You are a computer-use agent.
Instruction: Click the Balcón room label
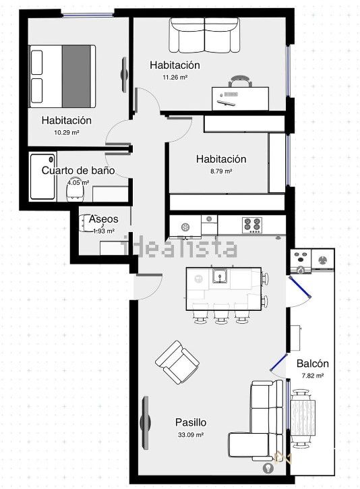pos(313,364)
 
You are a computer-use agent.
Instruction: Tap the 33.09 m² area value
pos(191,434)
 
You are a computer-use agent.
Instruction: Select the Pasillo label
pos(191,422)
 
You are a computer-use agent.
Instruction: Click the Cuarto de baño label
pos(78,170)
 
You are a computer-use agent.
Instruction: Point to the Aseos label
pos(104,219)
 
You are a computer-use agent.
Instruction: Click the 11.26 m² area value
pos(175,77)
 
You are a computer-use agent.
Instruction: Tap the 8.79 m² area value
pos(221,171)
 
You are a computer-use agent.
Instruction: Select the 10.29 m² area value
pos(66,132)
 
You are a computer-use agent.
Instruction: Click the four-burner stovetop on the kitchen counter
pos(252,225)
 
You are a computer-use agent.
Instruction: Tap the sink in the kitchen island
pos(220,276)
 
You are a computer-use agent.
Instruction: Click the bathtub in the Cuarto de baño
pos(43,177)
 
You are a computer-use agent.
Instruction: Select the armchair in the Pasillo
pos(177,362)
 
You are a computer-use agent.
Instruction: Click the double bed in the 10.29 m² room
pos(62,76)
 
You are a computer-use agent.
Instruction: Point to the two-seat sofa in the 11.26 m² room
pos(205,35)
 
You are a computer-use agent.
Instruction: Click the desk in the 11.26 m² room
pos(240,98)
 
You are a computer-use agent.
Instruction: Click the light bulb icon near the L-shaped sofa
pos(268,468)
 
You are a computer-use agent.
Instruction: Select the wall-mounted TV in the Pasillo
pos(145,423)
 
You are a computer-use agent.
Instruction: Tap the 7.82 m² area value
pos(313,376)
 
